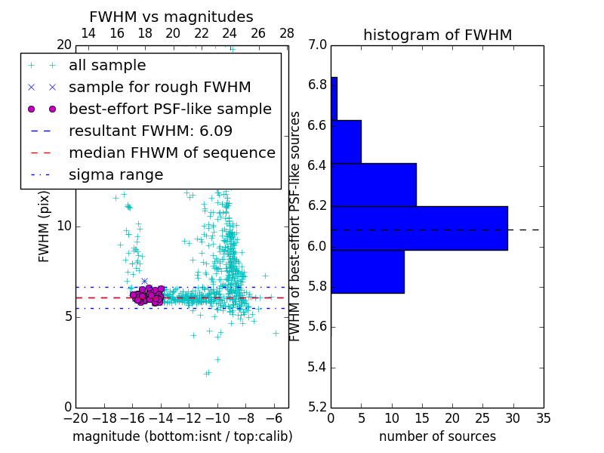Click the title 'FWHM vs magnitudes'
tap(171, 17)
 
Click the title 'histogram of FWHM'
tap(437, 35)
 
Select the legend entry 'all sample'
tap(107, 66)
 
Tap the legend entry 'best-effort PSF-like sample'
tap(170, 109)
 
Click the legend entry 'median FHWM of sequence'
tap(171, 153)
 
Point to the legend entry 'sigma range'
tap(116, 174)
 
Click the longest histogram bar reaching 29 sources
tap(419, 228)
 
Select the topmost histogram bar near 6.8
tap(334, 98)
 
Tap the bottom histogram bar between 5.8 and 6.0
tap(368, 272)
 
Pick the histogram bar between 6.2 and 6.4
tap(374, 184)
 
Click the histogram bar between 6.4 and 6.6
tap(346, 141)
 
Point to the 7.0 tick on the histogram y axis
tap(318, 45)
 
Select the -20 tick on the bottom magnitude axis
tap(75, 418)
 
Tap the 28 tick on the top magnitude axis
tap(287, 33)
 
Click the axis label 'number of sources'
tap(437, 436)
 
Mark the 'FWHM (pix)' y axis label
tap(45, 226)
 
